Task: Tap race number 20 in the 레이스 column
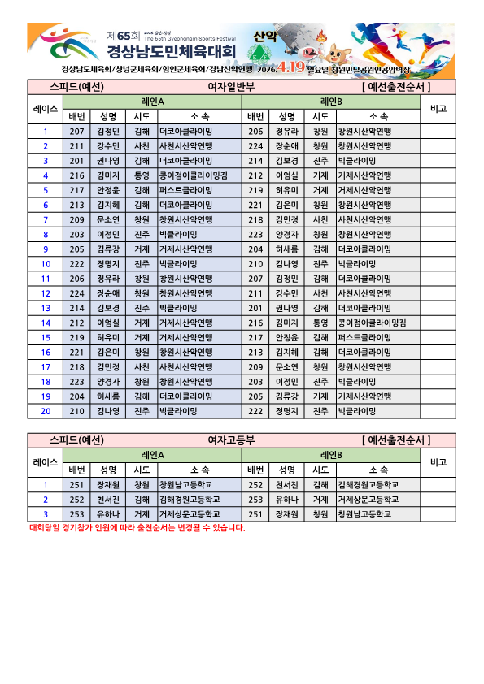click(x=46, y=412)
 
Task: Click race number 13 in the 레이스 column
click(x=46, y=309)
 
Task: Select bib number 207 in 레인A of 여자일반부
click(x=77, y=132)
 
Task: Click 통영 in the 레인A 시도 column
click(x=142, y=175)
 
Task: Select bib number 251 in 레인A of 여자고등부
click(x=77, y=485)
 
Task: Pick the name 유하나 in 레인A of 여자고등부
click(x=108, y=514)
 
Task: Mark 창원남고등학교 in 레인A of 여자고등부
click(x=189, y=485)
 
